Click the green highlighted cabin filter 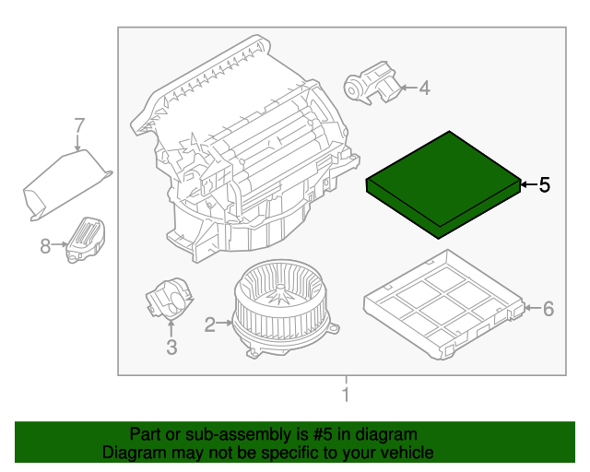coord(442,184)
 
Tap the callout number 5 coord(544,185)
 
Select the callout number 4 coord(425,88)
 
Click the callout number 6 coord(548,309)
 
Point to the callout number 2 coord(210,324)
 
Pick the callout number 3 coord(171,347)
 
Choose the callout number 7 coord(79,124)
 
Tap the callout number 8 coord(44,245)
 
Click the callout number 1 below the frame coord(346,395)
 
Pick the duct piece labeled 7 coord(65,184)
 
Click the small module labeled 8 coord(86,238)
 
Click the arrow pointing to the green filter coord(526,185)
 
